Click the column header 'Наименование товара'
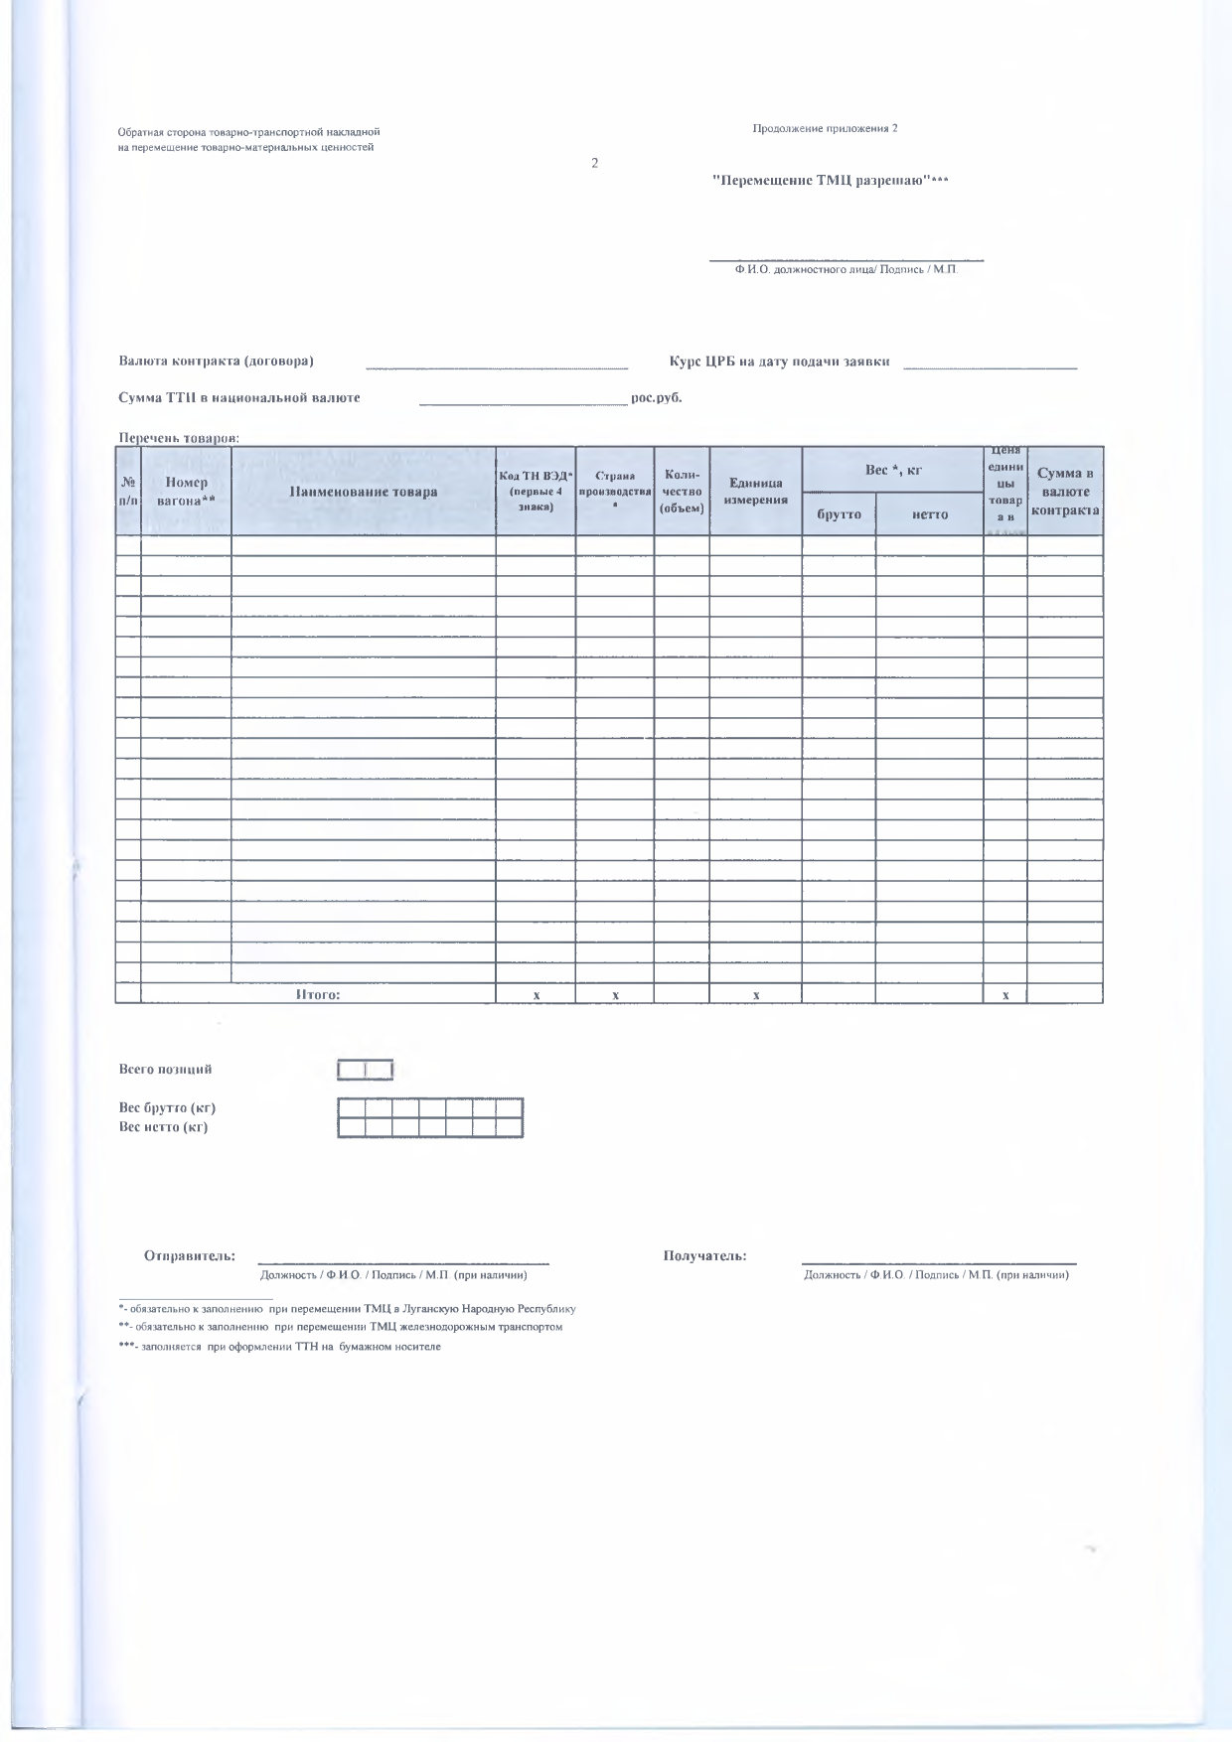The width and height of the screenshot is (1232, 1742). click(x=364, y=492)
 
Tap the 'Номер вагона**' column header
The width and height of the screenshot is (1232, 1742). click(x=187, y=492)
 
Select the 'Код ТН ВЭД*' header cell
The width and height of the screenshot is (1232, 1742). click(x=536, y=492)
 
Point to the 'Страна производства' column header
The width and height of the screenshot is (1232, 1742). click(x=615, y=491)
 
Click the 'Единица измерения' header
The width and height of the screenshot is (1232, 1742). click(x=756, y=492)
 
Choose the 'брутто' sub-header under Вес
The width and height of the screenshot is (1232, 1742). click(x=839, y=514)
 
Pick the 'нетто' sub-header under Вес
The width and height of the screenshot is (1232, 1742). click(x=929, y=514)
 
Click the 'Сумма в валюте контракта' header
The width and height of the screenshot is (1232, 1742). click(x=1065, y=492)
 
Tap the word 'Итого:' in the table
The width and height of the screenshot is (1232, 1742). click(x=318, y=994)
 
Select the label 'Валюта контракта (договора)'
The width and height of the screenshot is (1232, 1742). click(x=217, y=361)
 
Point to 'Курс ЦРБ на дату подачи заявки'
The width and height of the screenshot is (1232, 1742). click(x=780, y=362)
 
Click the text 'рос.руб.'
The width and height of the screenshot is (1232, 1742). click(x=657, y=398)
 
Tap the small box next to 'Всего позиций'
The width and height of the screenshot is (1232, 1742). click(x=366, y=1070)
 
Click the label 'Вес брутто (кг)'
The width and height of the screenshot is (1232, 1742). click(x=167, y=1107)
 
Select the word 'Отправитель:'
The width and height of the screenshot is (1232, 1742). click(x=190, y=1255)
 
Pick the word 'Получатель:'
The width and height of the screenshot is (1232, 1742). click(x=704, y=1255)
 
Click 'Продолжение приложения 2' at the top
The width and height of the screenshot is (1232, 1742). click(x=825, y=128)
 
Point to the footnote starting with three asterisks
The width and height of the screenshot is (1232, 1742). click(x=279, y=1347)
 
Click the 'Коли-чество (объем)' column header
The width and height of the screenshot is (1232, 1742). click(x=682, y=492)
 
